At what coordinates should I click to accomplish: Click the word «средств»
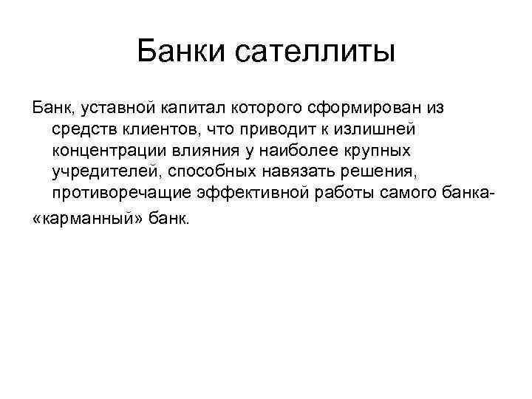pyautogui.click(x=83, y=130)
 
